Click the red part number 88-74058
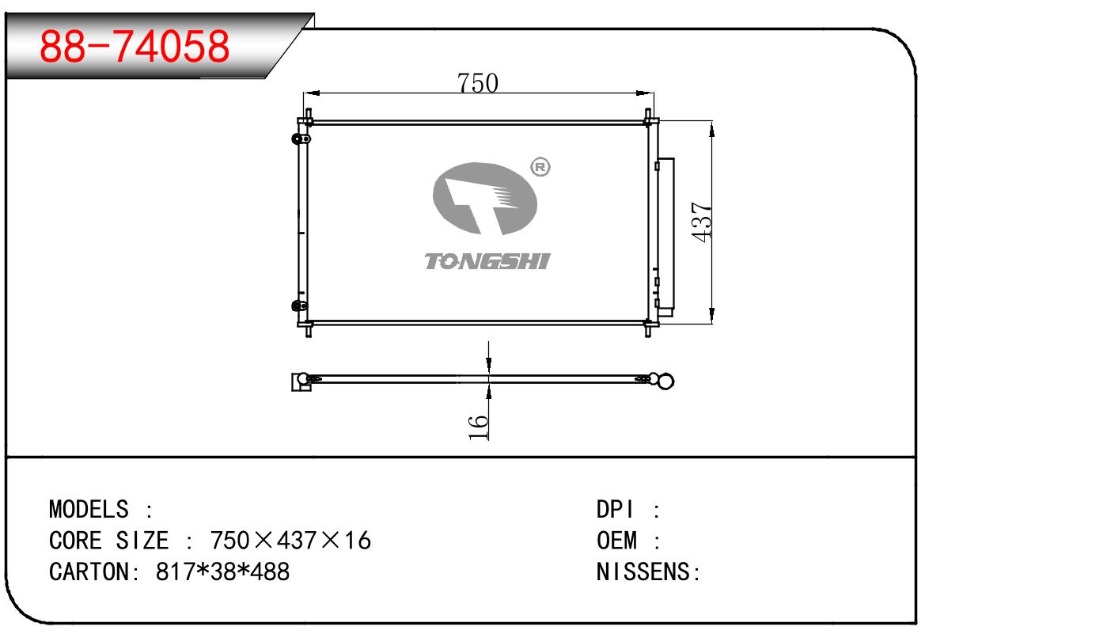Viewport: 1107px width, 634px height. (135, 46)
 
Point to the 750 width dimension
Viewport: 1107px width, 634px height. (477, 82)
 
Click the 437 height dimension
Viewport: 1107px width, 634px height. (701, 222)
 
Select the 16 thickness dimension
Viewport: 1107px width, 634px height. (478, 427)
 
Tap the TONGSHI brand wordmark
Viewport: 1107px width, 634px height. (487, 261)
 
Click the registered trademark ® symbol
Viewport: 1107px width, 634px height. (540, 167)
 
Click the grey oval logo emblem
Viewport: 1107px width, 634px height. (485, 199)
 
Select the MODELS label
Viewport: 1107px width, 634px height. (89, 509)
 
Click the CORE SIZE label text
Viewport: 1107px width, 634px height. (108, 540)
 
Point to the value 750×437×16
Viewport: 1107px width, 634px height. (290, 540)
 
